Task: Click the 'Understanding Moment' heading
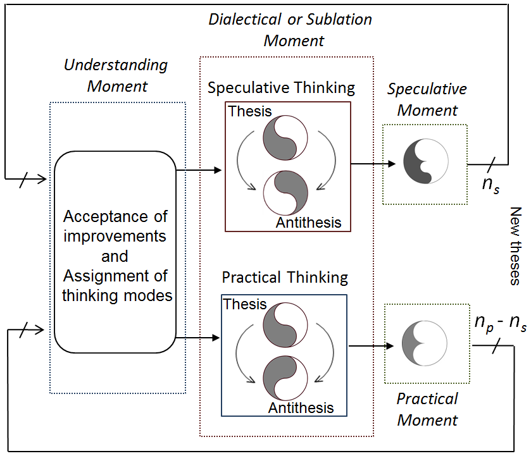pyautogui.click(x=116, y=75)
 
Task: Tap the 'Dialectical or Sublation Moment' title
pyautogui.click(x=290, y=30)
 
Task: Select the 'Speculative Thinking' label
pyautogui.click(x=281, y=88)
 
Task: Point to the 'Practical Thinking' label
pyautogui.click(x=285, y=278)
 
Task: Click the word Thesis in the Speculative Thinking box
pyautogui.click(x=250, y=111)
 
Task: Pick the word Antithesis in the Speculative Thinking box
pyautogui.click(x=308, y=223)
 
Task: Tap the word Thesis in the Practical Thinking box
pyautogui.click(x=245, y=304)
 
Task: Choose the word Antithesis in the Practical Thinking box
pyautogui.click(x=301, y=407)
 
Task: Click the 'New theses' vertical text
pyautogui.click(x=515, y=246)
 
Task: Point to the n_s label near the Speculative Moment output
pyautogui.click(x=490, y=185)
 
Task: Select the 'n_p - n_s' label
pyautogui.click(x=501, y=323)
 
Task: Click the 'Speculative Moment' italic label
pyautogui.click(x=427, y=99)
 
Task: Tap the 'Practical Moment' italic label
pyautogui.click(x=427, y=410)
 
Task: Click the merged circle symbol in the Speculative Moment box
pyautogui.click(x=426, y=161)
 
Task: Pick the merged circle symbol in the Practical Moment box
pyautogui.click(x=424, y=343)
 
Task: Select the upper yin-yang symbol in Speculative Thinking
pyautogui.click(x=285, y=138)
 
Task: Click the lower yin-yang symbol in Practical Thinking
pyautogui.click(x=285, y=378)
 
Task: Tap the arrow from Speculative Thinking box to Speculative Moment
pyautogui.click(x=373, y=164)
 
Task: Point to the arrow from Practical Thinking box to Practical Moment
pyautogui.click(x=371, y=346)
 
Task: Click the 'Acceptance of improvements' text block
pyautogui.click(x=115, y=226)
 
